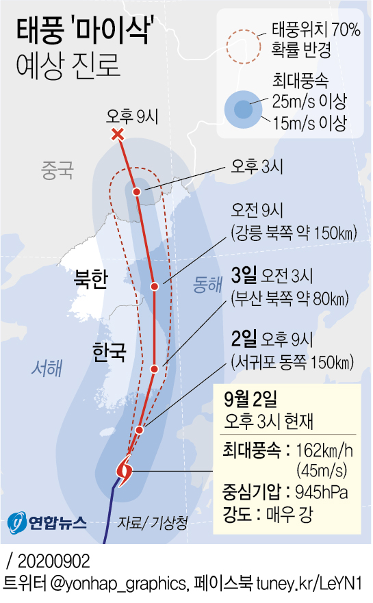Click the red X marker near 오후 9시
pos(118,134)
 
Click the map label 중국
pos(57,169)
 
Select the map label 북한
pos(90,281)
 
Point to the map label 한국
pos(110,352)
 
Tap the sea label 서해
pos(47,369)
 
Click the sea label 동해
pos(208,283)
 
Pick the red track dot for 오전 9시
pos(155,286)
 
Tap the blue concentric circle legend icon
pos(243,110)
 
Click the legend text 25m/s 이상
pos(309,103)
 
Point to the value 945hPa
pos(324,491)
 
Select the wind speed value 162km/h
pos(324,450)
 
